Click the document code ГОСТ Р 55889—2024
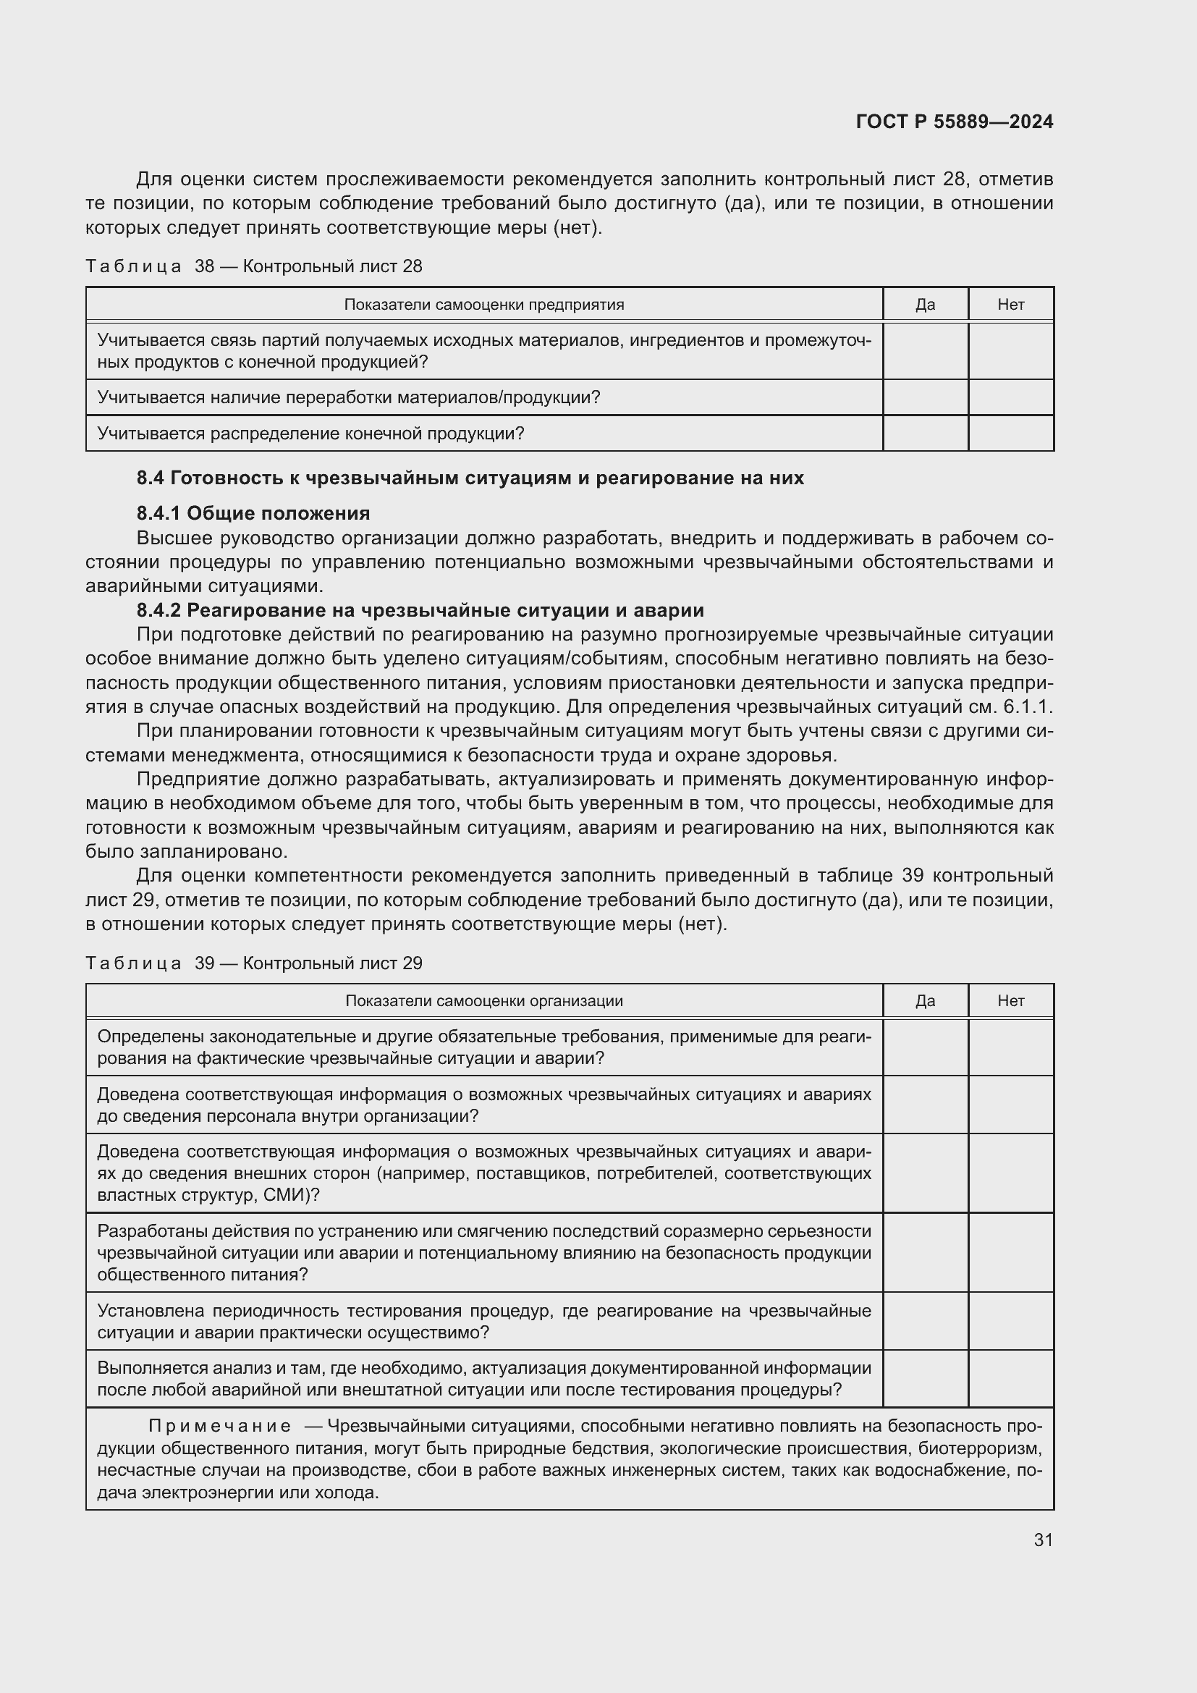[x=954, y=122]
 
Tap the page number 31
[x=1042, y=1540]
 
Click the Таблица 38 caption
[x=253, y=266]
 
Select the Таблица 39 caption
[x=253, y=963]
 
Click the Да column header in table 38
[x=925, y=305]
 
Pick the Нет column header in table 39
[x=1010, y=1000]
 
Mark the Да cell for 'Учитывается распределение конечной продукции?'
[x=925, y=434]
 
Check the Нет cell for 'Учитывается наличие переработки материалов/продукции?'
[x=1010, y=397]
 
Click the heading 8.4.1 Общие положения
[x=253, y=512]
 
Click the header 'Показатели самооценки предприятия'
[x=483, y=305]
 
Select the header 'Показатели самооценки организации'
[x=483, y=1000]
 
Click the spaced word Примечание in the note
[x=219, y=1426]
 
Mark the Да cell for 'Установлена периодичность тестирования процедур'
[x=925, y=1322]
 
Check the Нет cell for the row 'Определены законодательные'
[x=1010, y=1047]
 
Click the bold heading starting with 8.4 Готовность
[x=470, y=478]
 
